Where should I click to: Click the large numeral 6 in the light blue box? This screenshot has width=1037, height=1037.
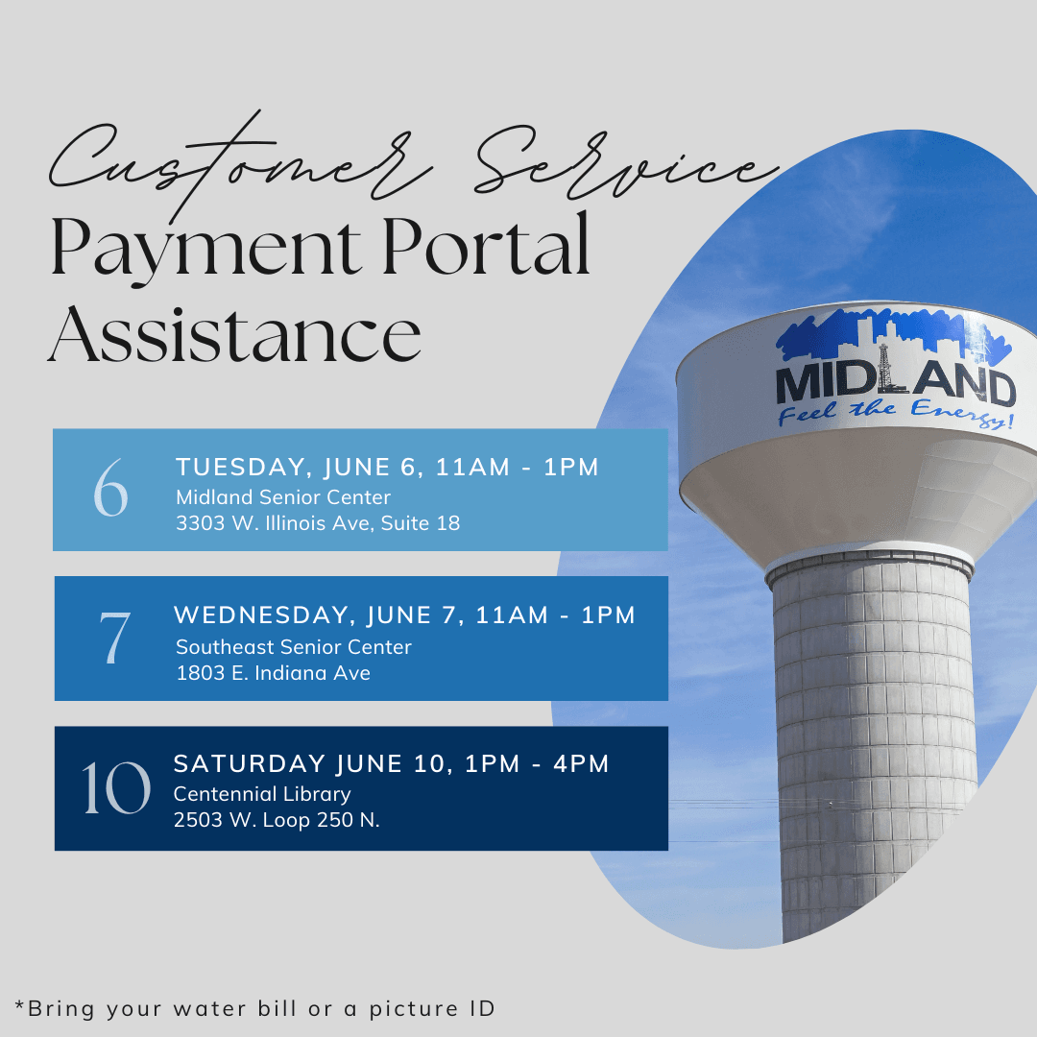point(110,488)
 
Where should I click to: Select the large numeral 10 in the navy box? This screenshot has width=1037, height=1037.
point(115,788)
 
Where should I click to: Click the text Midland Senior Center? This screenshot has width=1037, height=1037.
point(283,497)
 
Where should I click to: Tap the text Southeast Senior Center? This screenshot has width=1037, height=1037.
point(294,647)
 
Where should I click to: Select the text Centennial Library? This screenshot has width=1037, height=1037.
point(262,794)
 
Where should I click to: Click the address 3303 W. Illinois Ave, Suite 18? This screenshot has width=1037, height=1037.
point(318,523)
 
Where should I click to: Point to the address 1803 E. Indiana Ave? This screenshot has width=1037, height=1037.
point(273,673)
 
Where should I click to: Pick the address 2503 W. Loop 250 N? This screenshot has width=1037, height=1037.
point(277,820)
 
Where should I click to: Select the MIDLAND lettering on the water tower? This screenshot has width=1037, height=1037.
point(895,384)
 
